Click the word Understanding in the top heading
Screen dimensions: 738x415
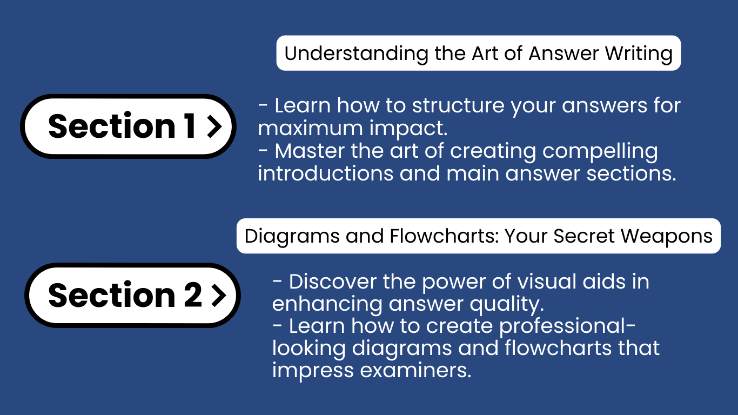point(356,53)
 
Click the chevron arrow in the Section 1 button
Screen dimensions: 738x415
point(214,126)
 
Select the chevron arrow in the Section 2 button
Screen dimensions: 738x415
point(219,296)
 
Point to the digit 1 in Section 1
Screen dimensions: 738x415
point(190,125)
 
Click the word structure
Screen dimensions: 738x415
point(458,105)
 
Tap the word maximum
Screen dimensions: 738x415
point(310,128)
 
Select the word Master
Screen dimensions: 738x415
point(310,151)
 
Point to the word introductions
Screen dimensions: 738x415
point(326,173)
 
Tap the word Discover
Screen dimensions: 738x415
point(332,282)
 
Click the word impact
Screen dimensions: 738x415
point(408,129)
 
